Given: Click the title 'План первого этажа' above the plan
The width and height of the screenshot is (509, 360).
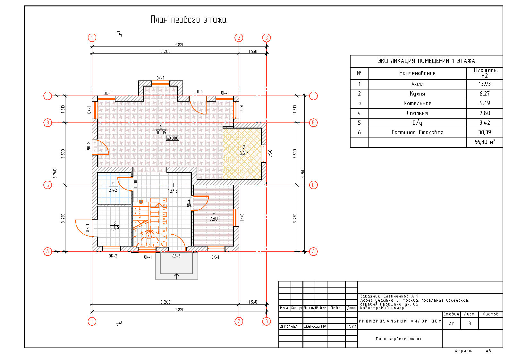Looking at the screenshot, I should (188, 20).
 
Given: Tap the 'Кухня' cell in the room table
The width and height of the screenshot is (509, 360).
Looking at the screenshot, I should (417, 94).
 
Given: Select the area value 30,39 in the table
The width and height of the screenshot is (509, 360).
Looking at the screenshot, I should (484, 132).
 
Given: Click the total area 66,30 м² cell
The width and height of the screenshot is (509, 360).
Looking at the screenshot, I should (484, 142).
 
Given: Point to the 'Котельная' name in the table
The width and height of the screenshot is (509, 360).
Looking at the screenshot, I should (417, 103).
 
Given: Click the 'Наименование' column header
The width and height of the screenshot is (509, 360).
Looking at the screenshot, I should (417, 73).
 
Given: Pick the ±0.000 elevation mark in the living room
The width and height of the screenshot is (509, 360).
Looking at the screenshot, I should (173, 138).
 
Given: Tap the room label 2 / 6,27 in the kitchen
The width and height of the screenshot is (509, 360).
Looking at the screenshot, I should (244, 150).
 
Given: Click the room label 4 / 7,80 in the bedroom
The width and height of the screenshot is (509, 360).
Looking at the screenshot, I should (213, 216).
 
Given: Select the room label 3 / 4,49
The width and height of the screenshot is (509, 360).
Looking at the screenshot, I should (115, 226).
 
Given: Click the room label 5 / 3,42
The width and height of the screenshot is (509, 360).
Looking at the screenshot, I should (113, 187).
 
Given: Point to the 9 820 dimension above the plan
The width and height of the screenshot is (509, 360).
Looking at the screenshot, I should (179, 45).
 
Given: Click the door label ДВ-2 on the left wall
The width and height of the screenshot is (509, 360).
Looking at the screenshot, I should (89, 146).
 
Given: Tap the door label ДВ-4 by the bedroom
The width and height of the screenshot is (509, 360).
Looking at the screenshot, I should (189, 203).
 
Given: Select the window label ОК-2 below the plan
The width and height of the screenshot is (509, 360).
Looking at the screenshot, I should (113, 256).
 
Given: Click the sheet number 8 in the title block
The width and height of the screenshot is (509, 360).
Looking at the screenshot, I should (470, 323).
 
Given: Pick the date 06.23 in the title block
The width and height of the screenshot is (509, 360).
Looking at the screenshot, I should (351, 326).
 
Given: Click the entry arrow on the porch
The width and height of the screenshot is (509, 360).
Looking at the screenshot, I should (176, 276).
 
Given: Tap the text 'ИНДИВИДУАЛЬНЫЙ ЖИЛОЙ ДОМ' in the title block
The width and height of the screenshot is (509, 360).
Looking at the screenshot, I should (400, 321).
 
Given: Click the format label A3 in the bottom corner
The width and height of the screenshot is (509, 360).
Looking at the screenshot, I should (488, 351).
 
